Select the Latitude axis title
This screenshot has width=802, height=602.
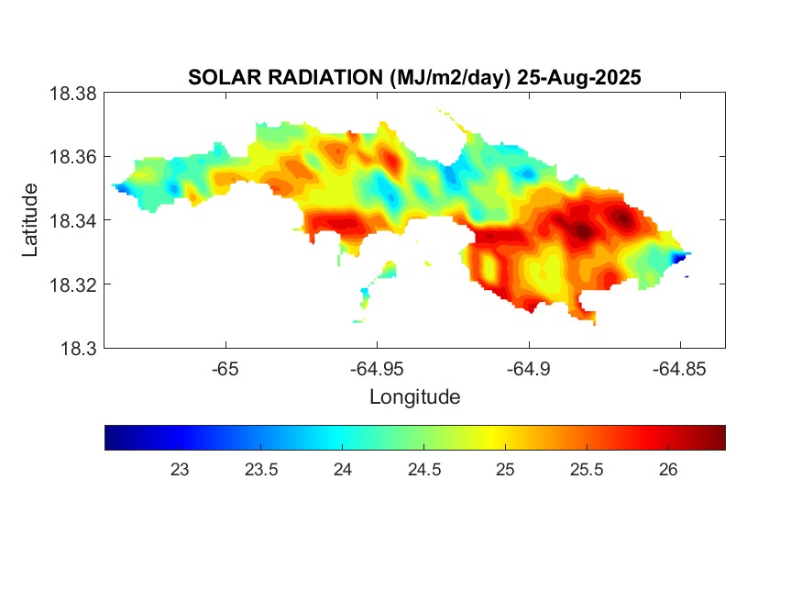coord(30,220)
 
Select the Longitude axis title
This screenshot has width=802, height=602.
coord(414,397)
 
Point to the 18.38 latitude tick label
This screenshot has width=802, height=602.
coord(72,94)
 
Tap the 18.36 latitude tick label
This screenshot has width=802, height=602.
coord(72,157)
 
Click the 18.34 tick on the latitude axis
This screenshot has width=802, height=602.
coord(72,220)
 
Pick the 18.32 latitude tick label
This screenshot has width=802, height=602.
coord(72,284)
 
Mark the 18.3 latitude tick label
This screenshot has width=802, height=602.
coord(77,348)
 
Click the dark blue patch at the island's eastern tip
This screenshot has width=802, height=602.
coord(679,259)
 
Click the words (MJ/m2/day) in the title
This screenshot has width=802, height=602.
coord(444,78)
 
